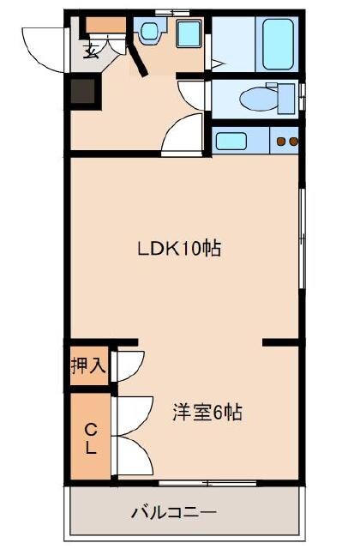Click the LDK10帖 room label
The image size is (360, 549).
coord(180,249)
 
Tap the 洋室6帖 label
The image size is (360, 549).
coord(206,413)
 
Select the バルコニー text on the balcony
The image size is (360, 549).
coord(174,513)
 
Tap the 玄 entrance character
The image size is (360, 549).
coord(90,51)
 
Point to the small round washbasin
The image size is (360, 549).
coord(151,33)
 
